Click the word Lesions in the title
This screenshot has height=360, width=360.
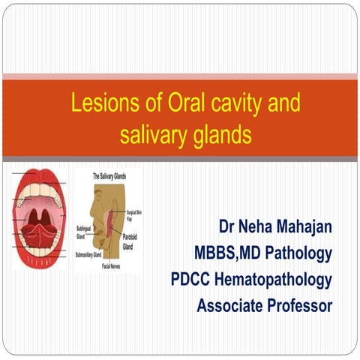click(97, 103)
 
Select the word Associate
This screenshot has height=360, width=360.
click(227, 307)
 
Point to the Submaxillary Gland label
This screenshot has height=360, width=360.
click(94, 256)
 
